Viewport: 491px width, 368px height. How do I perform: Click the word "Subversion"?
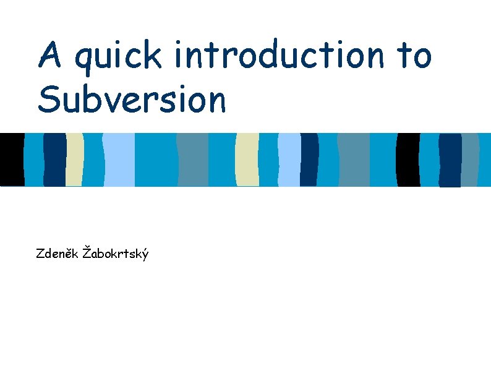131,100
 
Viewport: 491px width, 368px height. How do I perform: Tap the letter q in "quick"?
83,60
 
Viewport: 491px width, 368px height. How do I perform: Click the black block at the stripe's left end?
12,160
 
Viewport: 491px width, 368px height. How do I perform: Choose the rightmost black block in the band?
408,160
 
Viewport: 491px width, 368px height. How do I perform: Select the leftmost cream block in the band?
75,160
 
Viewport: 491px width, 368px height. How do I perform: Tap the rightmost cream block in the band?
247,160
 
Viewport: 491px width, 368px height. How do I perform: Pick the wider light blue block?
119,160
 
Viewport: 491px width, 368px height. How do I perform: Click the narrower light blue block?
289,160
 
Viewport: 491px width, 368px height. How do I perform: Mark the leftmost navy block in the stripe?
54,160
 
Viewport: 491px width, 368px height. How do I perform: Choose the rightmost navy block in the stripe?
450,160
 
